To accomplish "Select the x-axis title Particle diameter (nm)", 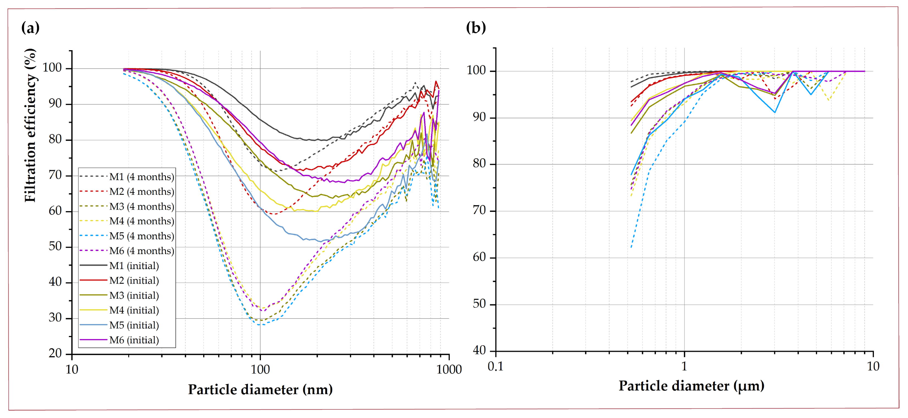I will tap(260, 389).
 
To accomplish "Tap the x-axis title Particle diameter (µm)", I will tap(691, 386).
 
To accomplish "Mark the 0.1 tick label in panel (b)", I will tap(495, 366).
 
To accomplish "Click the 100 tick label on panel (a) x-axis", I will tap(260, 369).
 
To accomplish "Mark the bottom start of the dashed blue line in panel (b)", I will tap(631, 248).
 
